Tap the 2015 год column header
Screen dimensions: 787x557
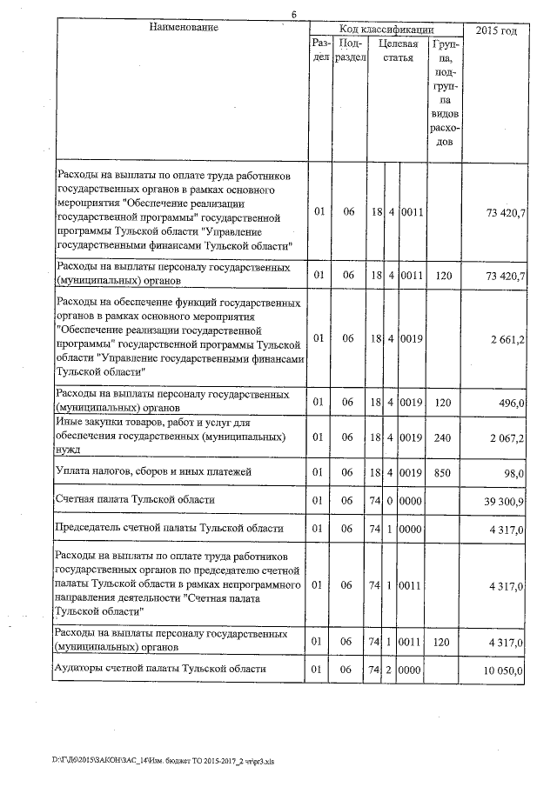coord(498,30)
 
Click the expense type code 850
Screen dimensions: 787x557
coord(442,472)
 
